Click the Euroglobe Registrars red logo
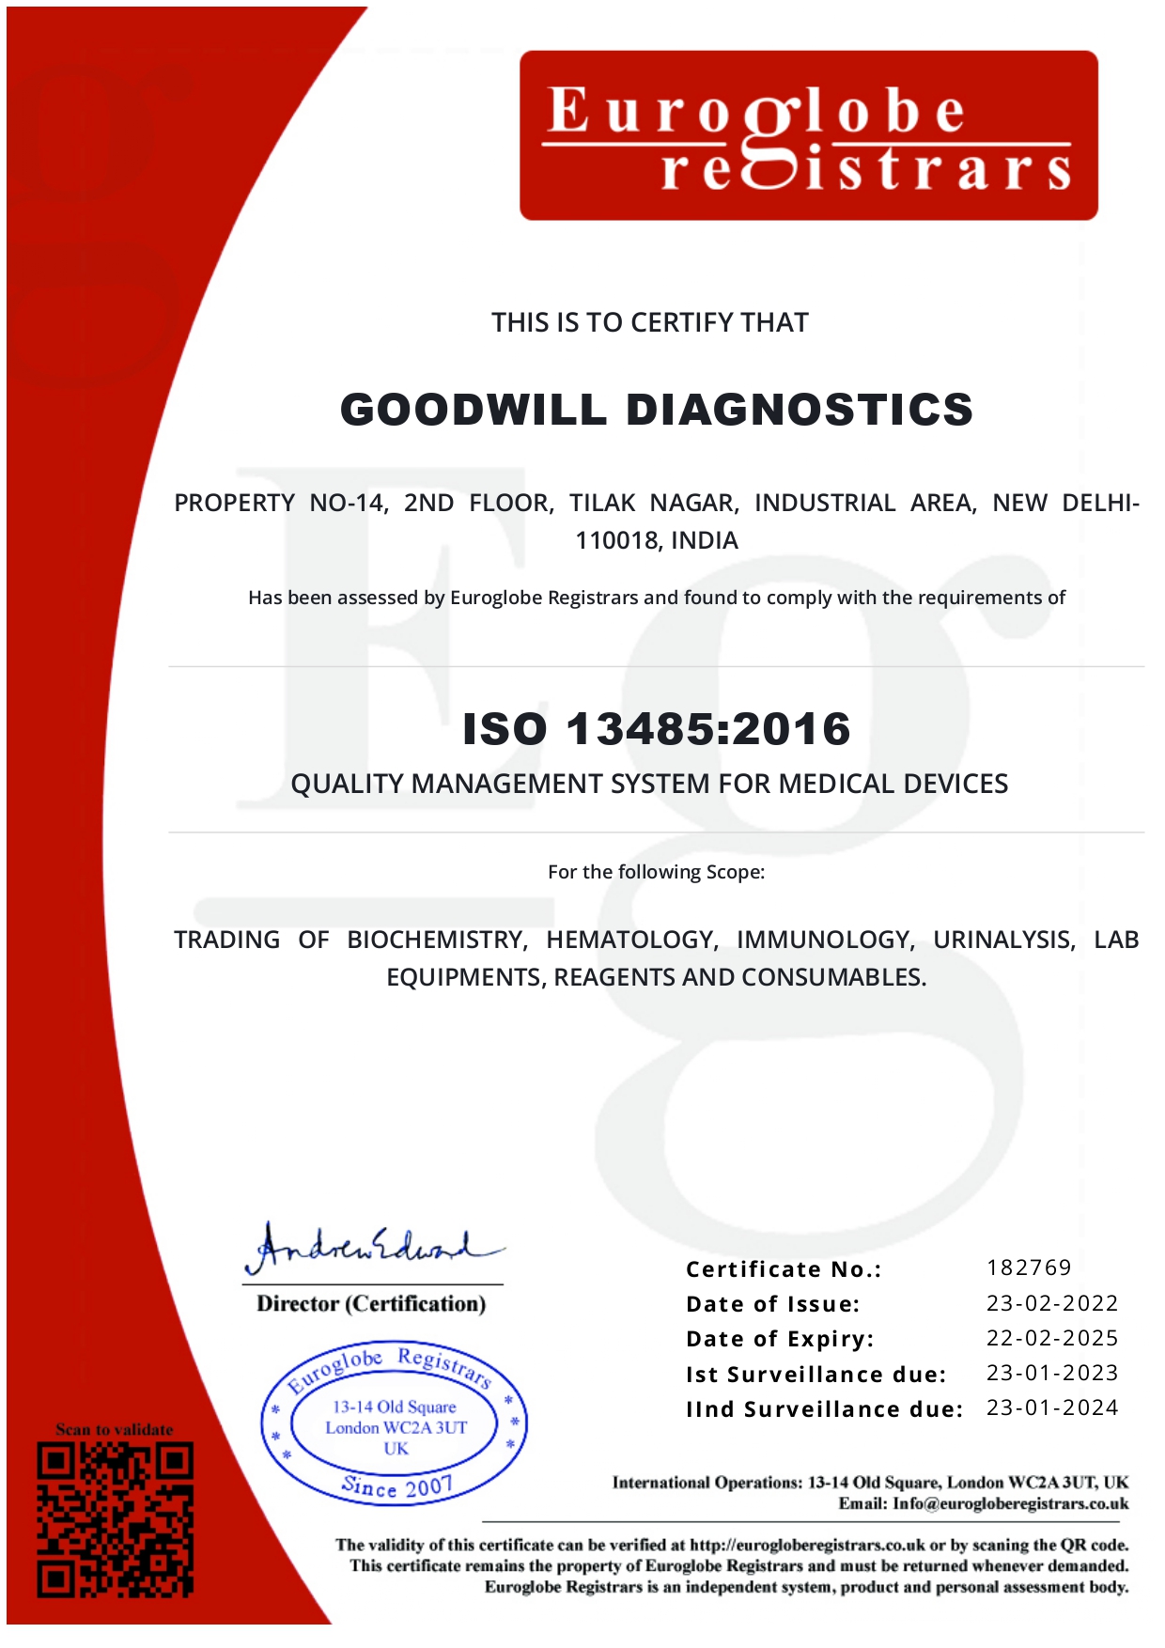pyautogui.click(x=808, y=135)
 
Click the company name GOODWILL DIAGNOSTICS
pyautogui.click(x=656, y=410)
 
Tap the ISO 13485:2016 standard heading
pyautogui.click(x=656, y=729)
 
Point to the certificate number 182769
pyautogui.click(x=1029, y=1267)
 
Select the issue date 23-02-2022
pyautogui.click(x=1051, y=1303)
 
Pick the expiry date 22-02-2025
pyautogui.click(x=1051, y=1338)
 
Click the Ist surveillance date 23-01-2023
pyautogui.click(x=1051, y=1373)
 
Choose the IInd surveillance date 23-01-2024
pyautogui.click(x=1051, y=1407)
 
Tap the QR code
pyautogui.click(x=116, y=1519)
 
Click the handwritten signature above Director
pyautogui.click(x=372, y=1248)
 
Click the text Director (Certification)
pyautogui.click(x=371, y=1304)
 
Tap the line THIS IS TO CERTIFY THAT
pyautogui.click(x=649, y=323)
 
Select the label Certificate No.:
pyautogui.click(x=784, y=1269)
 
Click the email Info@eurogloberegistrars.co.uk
pyautogui.click(x=1010, y=1503)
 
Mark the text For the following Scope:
pyautogui.click(x=656, y=872)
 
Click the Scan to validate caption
pyautogui.click(x=115, y=1429)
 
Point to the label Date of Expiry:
pyautogui.click(x=780, y=1339)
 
